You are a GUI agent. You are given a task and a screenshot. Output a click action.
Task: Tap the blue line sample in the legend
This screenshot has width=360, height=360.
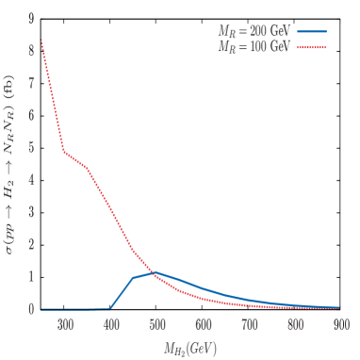click(x=311, y=31)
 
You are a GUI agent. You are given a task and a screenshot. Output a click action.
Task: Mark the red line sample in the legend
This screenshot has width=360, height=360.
click(x=311, y=45)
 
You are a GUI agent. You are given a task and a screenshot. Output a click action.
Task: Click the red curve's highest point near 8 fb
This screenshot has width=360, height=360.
click(x=42, y=40)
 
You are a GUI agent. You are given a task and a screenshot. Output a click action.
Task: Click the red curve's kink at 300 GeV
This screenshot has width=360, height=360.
click(x=65, y=152)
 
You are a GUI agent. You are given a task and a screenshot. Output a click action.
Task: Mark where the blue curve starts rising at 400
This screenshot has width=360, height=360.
click(x=111, y=307)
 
